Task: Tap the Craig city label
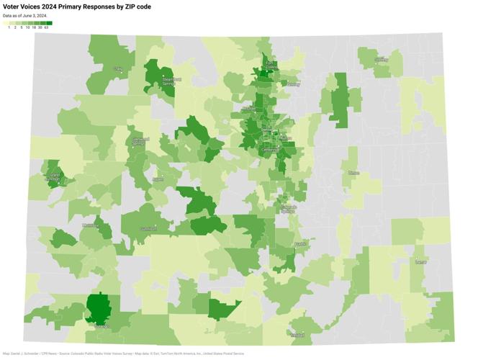119,69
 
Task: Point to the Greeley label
293,84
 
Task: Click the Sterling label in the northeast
380,59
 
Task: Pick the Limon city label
353,174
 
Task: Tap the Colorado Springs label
287,210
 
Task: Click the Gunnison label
148,228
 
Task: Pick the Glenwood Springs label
140,141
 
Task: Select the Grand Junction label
54,176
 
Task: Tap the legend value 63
46,27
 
